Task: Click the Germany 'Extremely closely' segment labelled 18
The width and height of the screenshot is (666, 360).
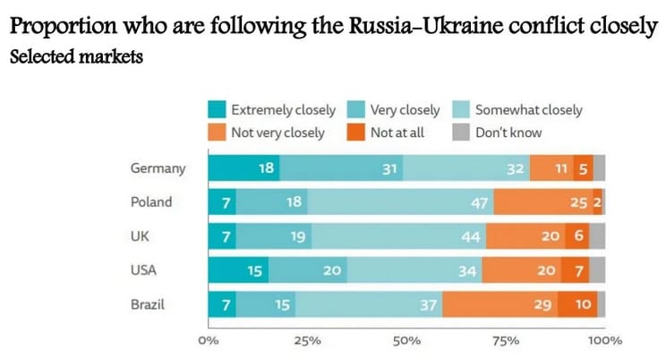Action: pos(243,168)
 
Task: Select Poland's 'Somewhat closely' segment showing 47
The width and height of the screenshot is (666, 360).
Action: pos(402,202)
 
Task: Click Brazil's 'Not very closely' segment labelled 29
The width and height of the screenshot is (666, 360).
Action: pos(499,304)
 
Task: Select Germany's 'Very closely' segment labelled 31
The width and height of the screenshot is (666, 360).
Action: pos(341,168)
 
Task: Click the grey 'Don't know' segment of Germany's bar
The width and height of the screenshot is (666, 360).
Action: pos(599,168)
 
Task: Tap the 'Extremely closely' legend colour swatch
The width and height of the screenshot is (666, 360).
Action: pos(217,110)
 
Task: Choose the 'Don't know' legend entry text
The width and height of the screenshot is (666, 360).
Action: pos(508,133)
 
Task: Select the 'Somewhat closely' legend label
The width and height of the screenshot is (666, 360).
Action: pos(529,110)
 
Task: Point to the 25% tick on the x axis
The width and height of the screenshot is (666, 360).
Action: pos(308,341)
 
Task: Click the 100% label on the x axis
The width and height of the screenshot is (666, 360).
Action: pos(606,341)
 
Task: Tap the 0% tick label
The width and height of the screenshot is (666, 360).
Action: pos(209,341)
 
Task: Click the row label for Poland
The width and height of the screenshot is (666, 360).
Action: pos(151,202)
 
